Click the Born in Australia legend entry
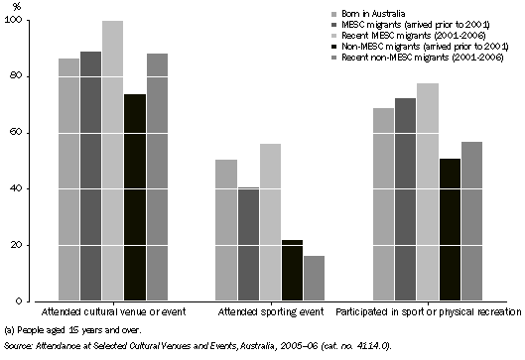click(369, 12)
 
